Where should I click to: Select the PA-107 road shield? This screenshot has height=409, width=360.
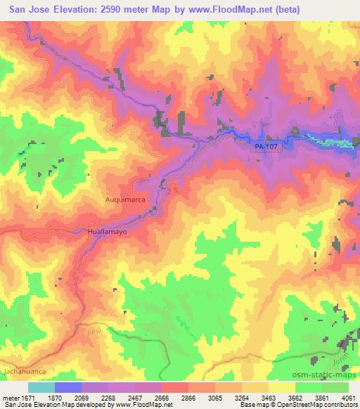262,145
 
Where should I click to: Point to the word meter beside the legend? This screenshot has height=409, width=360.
12,397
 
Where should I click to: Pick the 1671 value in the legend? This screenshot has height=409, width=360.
29,397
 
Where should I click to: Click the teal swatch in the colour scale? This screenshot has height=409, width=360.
41,387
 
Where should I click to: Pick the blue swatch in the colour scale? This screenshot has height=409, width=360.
68,387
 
